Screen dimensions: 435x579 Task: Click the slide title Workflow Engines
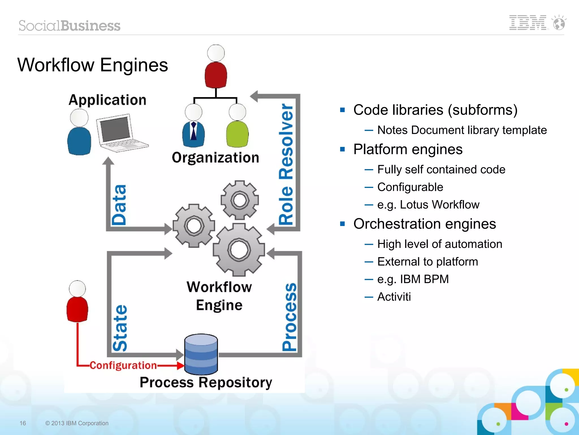coord(93,65)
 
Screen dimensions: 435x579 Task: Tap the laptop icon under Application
coord(120,133)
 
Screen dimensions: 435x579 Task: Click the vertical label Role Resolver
coord(286,164)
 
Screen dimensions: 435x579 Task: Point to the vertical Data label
coord(119,205)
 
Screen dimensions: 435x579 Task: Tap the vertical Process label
coord(289,317)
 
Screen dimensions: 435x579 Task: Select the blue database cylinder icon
coord(201,354)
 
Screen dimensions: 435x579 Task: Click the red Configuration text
coord(123,365)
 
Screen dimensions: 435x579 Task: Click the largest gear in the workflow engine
coord(239,250)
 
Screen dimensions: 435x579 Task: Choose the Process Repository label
coord(206,382)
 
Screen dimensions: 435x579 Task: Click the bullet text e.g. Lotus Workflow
coord(428,205)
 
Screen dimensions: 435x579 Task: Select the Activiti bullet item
coord(394,297)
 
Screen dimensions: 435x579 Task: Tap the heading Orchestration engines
coord(424,224)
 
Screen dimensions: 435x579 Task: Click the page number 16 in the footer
coord(23,423)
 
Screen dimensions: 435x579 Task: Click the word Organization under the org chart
coord(215,158)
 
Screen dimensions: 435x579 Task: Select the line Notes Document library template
coord(462,130)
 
